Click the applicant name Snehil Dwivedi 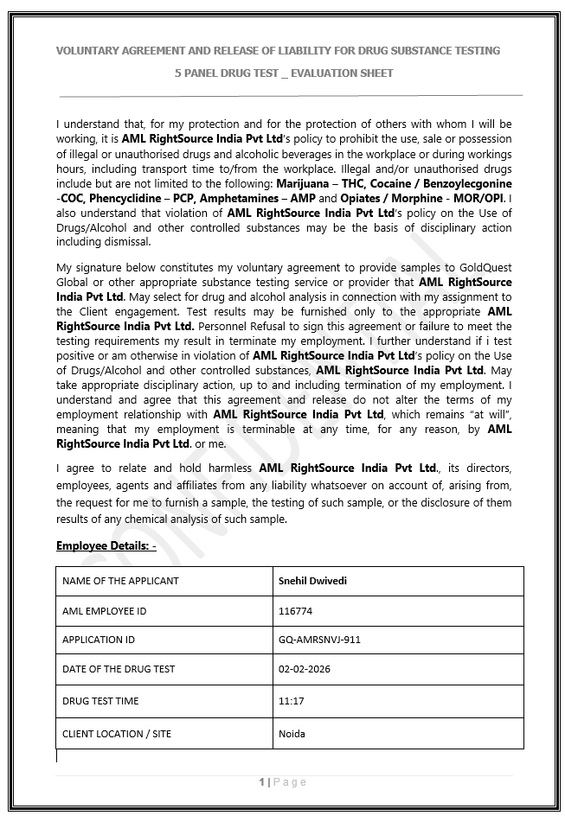click(312, 581)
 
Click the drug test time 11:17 click(291, 701)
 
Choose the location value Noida click(292, 734)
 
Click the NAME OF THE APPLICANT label click(120, 581)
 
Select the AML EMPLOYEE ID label click(104, 611)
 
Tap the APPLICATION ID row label click(99, 640)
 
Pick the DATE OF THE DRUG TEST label click(119, 669)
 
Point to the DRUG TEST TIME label click(100, 701)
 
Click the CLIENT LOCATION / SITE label click(117, 734)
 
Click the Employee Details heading click(106, 545)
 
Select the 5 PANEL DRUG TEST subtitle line click(283, 73)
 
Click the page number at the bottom click(262, 782)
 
